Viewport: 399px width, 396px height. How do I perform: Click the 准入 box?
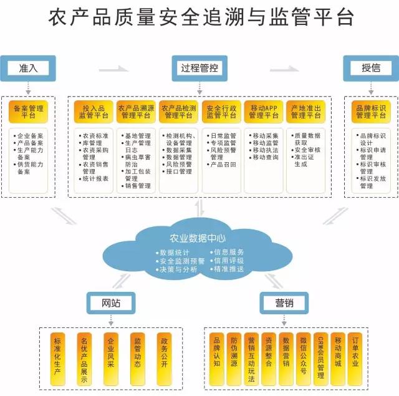click(29, 68)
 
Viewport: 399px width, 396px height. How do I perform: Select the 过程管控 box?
click(199, 68)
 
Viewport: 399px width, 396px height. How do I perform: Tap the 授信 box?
click(371, 68)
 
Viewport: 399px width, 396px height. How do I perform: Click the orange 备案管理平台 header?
click(29, 112)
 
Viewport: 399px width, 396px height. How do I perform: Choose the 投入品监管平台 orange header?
click(94, 112)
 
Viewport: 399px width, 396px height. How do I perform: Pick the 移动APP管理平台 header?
click(263, 112)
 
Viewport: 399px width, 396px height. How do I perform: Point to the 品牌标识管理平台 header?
click(371, 112)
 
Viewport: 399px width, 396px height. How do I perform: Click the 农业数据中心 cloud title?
click(198, 238)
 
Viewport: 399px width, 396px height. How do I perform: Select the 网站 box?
click(111, 304)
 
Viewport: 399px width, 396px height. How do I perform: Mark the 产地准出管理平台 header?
click(305, 112)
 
